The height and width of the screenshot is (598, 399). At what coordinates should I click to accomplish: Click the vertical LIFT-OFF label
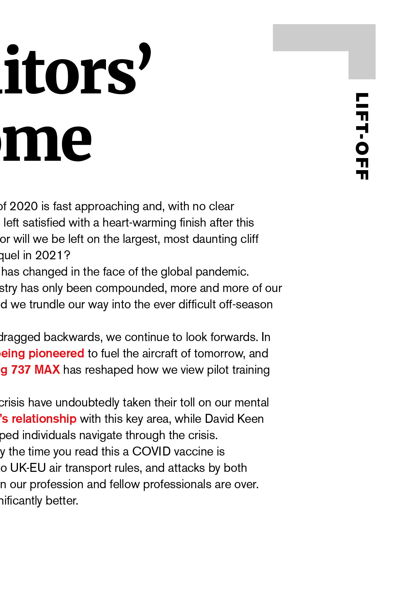362,136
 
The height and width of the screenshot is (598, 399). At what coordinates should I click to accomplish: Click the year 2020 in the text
23,206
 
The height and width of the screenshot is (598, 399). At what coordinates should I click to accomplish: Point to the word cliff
249,239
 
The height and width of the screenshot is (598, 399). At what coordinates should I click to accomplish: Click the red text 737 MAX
35,370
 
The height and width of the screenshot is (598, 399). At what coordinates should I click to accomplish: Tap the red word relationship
44,419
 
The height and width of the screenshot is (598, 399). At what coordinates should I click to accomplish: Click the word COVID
151,452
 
